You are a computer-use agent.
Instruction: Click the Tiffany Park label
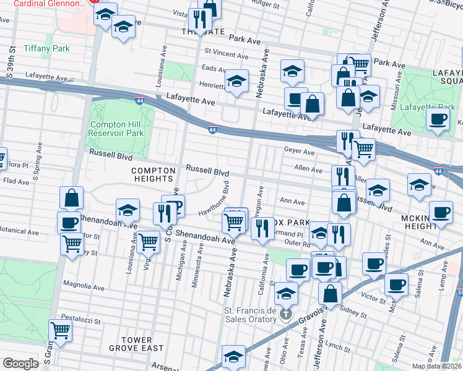pos(47,48)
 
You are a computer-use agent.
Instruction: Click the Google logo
pos(20,364)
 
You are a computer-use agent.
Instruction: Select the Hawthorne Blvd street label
pos(214,199)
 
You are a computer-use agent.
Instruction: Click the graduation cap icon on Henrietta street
pos(236,82)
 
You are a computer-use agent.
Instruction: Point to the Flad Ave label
pos(16,182)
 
